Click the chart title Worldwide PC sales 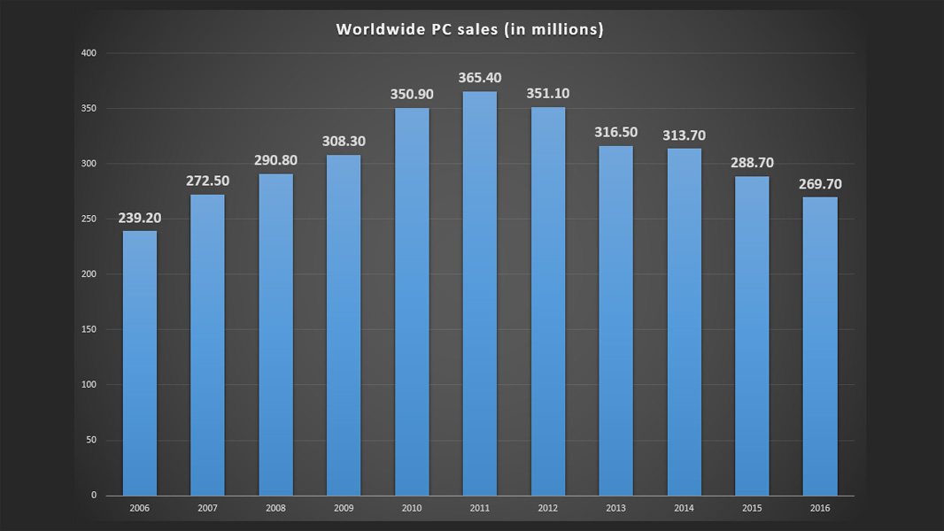469,29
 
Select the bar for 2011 479,293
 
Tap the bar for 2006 140,363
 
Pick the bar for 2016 819,346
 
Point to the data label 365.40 479,79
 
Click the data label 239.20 140,218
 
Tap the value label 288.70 751,163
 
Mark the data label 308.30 344,142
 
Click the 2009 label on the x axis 344,508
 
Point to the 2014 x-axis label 684,508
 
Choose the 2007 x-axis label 208,508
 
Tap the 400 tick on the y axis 89,53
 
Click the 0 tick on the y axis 93,496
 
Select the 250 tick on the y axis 89,219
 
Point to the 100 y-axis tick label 89,385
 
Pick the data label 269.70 819,184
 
